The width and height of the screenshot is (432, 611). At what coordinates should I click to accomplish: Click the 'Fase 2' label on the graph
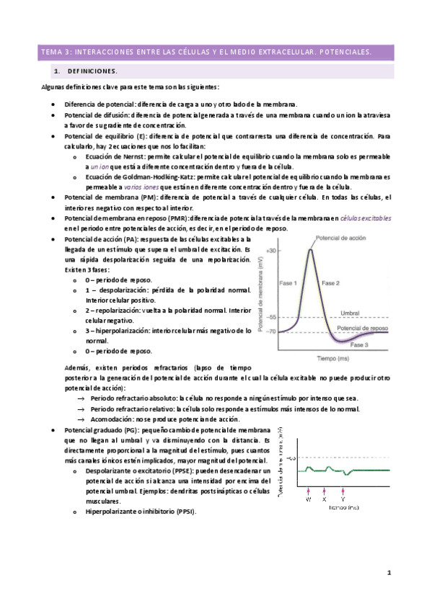tap(330, 284)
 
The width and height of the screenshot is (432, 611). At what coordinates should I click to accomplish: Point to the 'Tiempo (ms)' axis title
tap(332, 357)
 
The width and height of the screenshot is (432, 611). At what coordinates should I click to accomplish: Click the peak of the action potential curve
tap(311, 250)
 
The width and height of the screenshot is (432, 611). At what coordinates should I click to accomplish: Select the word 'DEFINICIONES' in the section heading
tap(92, 72)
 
